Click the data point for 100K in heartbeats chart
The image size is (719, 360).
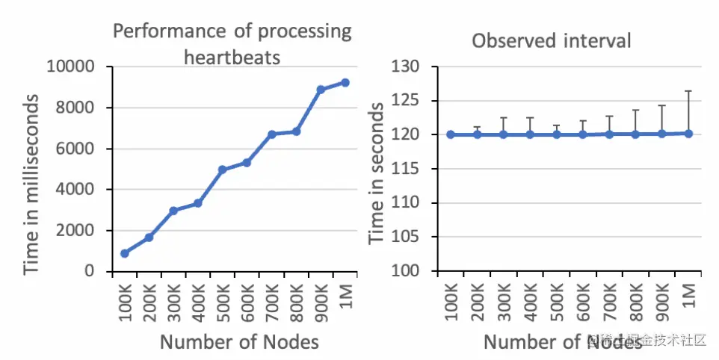point(125,253)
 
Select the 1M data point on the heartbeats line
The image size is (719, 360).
point(345,82)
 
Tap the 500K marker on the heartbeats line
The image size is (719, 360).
point(223,170)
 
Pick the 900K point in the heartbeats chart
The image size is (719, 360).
point(321,90)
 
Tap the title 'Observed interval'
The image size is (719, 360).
point(551,40)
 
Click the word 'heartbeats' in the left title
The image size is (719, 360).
point(232,57)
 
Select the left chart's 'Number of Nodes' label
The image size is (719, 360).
point(239,342)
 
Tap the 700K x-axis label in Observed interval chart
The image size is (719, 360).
point(610,303)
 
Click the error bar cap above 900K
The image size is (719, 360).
point(661,105)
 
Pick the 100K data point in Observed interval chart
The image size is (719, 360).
point(451,134)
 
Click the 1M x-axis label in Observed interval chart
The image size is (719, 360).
point(689,296)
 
